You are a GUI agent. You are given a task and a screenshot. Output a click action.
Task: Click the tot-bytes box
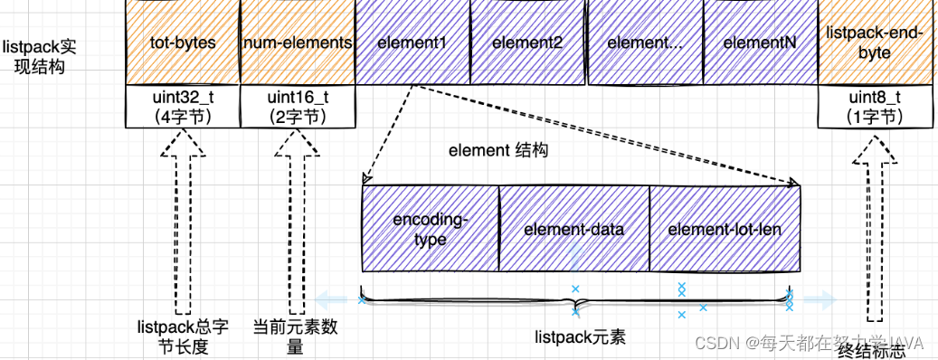182,43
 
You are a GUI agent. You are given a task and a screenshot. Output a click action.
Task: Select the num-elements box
298,43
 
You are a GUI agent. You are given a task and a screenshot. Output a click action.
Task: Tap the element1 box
412,43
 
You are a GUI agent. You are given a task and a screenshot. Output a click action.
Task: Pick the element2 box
528,43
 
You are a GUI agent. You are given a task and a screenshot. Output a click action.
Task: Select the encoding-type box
431,229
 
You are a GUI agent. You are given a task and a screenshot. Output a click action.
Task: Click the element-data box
573,229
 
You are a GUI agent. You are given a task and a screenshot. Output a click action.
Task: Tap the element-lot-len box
725,229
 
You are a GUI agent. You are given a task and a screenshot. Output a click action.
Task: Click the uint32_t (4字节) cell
182,107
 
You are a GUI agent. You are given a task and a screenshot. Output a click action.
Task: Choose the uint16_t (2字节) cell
298,107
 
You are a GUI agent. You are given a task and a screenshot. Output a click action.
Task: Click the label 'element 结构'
498,151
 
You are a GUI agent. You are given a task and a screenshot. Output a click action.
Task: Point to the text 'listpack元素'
580,338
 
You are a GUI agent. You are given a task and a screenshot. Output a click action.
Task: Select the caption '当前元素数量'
296,336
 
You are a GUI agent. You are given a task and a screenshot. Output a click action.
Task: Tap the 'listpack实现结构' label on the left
33,56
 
